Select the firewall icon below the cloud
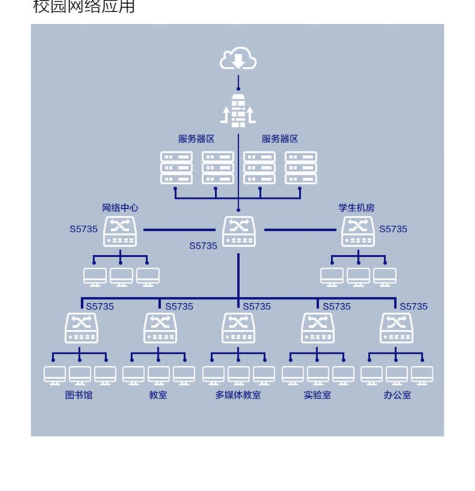(238, 109)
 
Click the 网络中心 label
(120, 207)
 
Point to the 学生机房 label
(357, 207)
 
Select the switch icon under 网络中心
(120, 231)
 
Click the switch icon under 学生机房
(358, 231)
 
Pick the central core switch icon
(239, 231)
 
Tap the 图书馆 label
(79, 395)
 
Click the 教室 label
(158, 395)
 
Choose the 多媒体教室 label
(238, 395)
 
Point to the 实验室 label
(317, 395)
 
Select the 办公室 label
(397, 395)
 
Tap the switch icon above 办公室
(397, 327)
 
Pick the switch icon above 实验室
(317, 327)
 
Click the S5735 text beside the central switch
(203, 245)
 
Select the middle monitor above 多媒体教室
(239, 375)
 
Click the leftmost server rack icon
(176, 168)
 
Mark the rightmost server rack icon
(301, 168)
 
